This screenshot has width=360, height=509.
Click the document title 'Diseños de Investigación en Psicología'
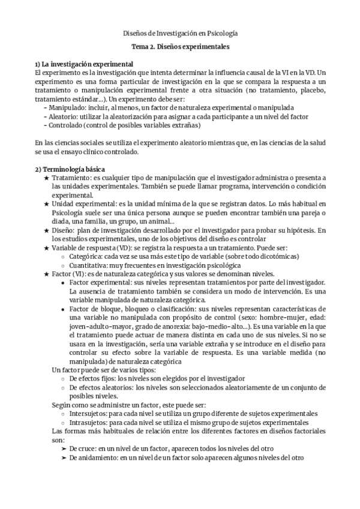[180, 34]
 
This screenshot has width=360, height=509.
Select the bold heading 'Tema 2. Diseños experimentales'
[180, 46]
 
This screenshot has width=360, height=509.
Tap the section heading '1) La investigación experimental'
[84, 64]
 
